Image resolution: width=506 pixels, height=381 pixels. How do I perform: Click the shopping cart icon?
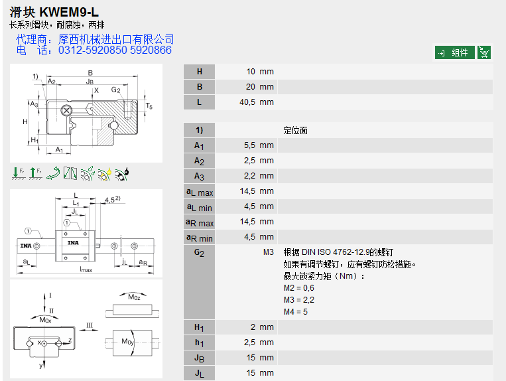point(485,52)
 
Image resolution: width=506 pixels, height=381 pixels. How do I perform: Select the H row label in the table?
point(199,72)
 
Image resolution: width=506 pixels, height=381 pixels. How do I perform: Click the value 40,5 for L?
point(247,102)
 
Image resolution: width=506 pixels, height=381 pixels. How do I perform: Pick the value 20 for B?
point(250,87)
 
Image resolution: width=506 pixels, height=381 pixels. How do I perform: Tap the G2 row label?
point(199,253)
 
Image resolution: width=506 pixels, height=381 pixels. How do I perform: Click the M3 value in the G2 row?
point(268,252)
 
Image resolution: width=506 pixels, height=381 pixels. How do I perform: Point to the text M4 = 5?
point(296,311)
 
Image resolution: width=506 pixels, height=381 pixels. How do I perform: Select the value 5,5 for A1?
point(249,145)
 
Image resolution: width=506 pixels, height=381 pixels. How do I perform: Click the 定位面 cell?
point(295,131)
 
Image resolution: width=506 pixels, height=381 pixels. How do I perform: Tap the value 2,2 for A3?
point(249,176)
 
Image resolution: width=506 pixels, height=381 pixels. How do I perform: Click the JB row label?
point(199,358)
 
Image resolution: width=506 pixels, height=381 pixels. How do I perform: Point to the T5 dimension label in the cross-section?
point(149,106)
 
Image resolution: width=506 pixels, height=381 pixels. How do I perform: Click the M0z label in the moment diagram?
point(135,297)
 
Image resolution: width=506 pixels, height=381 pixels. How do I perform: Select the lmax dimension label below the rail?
point(86,269)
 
